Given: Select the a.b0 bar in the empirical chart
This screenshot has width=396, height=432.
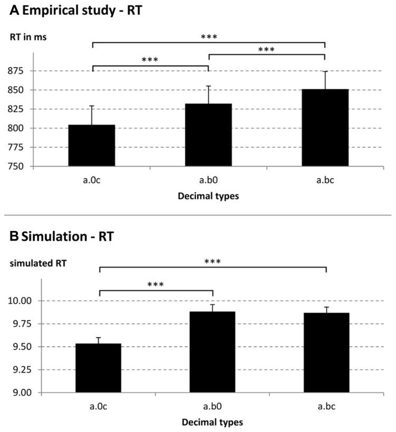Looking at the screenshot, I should pyautogui.click(x=208, y=135).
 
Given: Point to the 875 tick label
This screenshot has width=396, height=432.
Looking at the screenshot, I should pyautogui.click(x=20, y=71).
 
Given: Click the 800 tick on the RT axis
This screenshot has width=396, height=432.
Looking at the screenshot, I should pyautogui.click(x=20, y=128).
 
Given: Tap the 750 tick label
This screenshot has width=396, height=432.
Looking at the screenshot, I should pyautogui.click(x=20, y=166).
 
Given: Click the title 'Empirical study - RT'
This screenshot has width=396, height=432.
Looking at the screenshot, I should pyautogui.click(x=73, y=11).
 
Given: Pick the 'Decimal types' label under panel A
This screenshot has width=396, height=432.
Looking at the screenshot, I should pyautogui.click(x=208, y=196).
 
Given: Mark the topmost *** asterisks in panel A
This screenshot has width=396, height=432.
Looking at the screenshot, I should pyautogui.click(x=209, y=37).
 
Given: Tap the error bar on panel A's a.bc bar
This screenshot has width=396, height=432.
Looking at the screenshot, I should pyautogui.click(x=325, y=80).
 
